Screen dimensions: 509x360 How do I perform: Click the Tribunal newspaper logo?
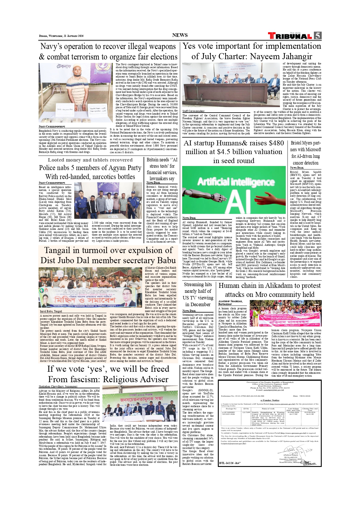(290, 36)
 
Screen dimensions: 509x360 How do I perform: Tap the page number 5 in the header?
(318, 35)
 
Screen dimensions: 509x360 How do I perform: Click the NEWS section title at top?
(180, 35)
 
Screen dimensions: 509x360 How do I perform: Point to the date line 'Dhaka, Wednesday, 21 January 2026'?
(61, 36)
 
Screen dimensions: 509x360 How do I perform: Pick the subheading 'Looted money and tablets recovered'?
(90, 160)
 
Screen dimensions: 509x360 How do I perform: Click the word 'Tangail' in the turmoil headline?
(57, 250)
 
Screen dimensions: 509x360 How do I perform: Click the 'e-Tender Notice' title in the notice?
(269, 400)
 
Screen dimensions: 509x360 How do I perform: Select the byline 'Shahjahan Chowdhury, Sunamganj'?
(58, 387)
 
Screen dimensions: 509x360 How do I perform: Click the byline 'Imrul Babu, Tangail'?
(51, 311)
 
